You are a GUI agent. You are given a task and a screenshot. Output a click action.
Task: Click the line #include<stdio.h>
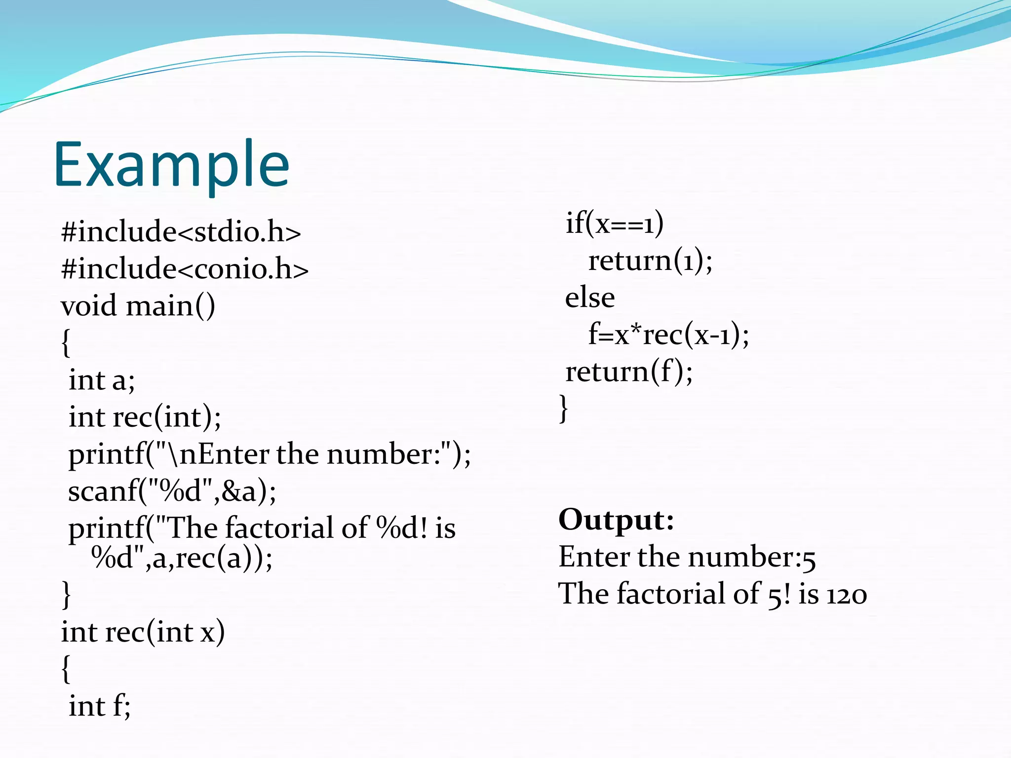[x=181, y=231]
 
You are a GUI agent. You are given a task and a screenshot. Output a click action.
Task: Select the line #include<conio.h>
[x=185, y=268]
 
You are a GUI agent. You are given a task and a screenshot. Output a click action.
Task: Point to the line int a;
[x=101, y=380]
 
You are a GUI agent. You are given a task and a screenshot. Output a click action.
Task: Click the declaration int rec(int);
[x=145, y=417]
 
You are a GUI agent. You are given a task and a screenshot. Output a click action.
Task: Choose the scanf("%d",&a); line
[x=172, y=491]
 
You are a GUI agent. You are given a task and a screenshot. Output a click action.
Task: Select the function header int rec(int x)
[x=143, y=632]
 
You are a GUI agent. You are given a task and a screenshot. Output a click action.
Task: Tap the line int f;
[x=99, y=706]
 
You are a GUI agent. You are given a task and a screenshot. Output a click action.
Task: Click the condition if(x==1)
[x=614, y=223]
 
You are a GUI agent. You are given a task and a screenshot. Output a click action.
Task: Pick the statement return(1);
[x=650, y=260]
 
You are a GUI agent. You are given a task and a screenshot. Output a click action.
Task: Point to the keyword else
[x=590, y=298]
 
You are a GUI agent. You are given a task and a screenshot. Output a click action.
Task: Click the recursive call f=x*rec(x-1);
[x=668, y=335]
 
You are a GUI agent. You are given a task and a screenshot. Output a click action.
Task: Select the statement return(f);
[x=629, y=372]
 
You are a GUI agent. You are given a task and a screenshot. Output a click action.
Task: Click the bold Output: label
[x=616, y=520]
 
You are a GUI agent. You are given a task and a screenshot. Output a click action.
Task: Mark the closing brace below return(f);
[x=563, y=408]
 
